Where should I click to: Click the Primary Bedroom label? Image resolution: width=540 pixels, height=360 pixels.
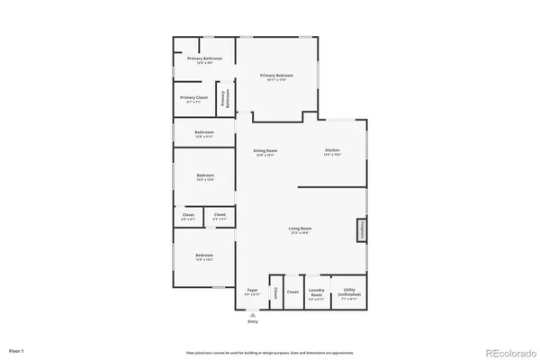pos(277,76)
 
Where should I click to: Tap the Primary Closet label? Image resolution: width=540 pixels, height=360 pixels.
pos(194,99)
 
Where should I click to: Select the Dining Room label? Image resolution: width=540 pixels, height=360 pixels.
pos(264,151)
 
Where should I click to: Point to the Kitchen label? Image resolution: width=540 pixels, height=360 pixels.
pos(332,151)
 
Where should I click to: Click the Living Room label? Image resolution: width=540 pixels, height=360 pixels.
pos(300,230)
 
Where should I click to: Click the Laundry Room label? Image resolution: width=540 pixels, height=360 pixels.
pos(315,292)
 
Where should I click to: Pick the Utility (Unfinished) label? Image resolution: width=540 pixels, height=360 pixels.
pos(348,293)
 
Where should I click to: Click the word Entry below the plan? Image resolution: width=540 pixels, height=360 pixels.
pos(253,322)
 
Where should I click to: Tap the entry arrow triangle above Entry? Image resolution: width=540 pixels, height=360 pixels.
pos(253,315)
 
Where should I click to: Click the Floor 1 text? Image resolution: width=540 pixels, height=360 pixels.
pos(17,349)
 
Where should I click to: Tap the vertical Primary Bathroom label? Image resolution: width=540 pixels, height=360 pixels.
pos(226,99)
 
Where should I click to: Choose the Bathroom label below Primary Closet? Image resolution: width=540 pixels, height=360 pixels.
pos(204,134)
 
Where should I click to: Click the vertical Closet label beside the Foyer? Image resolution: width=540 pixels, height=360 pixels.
pos(275,292)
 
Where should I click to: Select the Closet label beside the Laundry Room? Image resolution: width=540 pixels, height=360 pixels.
pos(292,292)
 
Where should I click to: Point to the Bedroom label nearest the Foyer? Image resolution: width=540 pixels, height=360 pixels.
pos(204,257)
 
